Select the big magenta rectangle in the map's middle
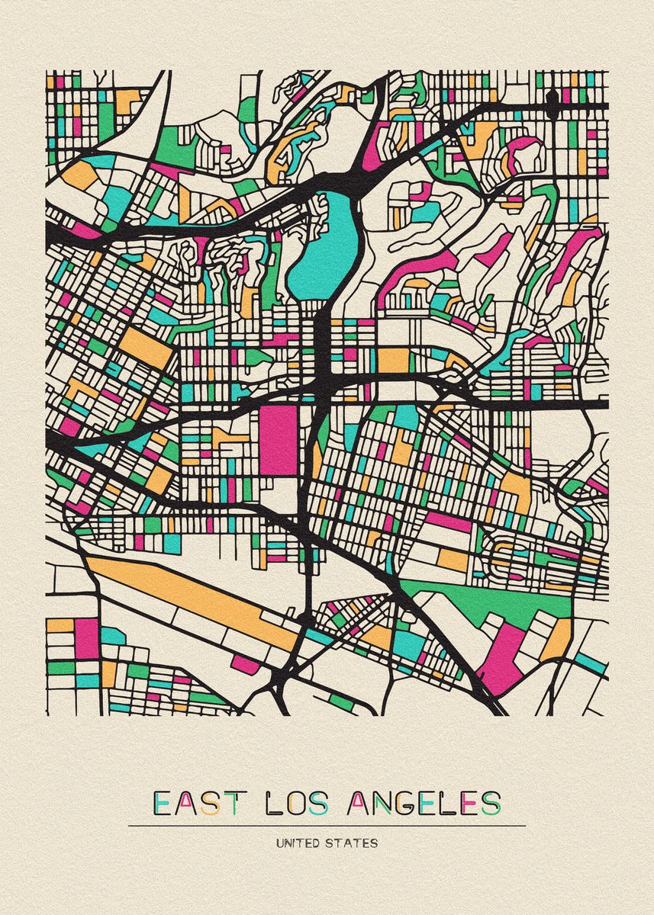point(278,440)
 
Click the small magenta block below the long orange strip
point(246,663)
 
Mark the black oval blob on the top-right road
point(552,97)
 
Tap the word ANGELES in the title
point(424,803)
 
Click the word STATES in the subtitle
point(353,844)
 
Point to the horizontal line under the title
point(327,826)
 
